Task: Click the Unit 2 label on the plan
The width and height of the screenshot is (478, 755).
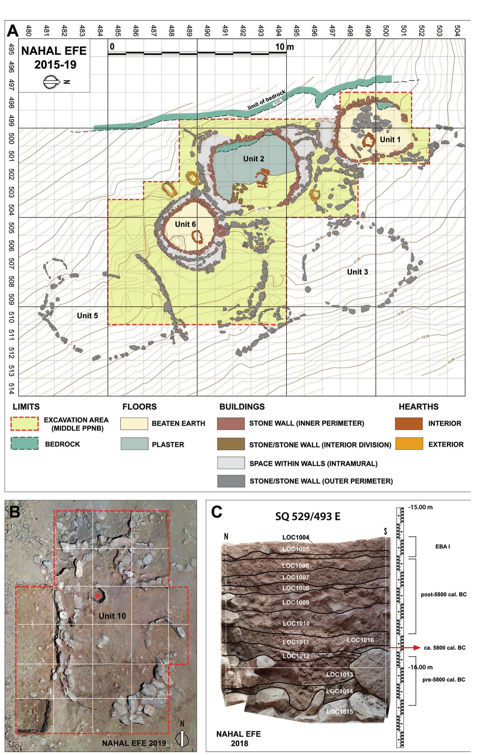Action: pyautogui.click(x=253, y=159)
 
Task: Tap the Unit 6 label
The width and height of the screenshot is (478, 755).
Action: pyautogui.click(x=185, y=224)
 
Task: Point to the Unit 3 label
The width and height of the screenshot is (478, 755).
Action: pyautogui.click(x=357, y=272)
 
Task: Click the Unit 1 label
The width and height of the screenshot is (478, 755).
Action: pyautogui.click(x=390, y=140)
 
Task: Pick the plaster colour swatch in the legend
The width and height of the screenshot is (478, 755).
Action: pyautogui.click(x=134, y=444)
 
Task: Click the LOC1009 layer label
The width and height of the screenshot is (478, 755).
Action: pyautogui.click(x=296, y=602)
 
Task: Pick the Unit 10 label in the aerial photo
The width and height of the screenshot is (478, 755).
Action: pyautogui.click(x=112, y=616)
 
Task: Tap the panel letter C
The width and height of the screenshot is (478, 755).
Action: pyautogui.click(x=217, y=513)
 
